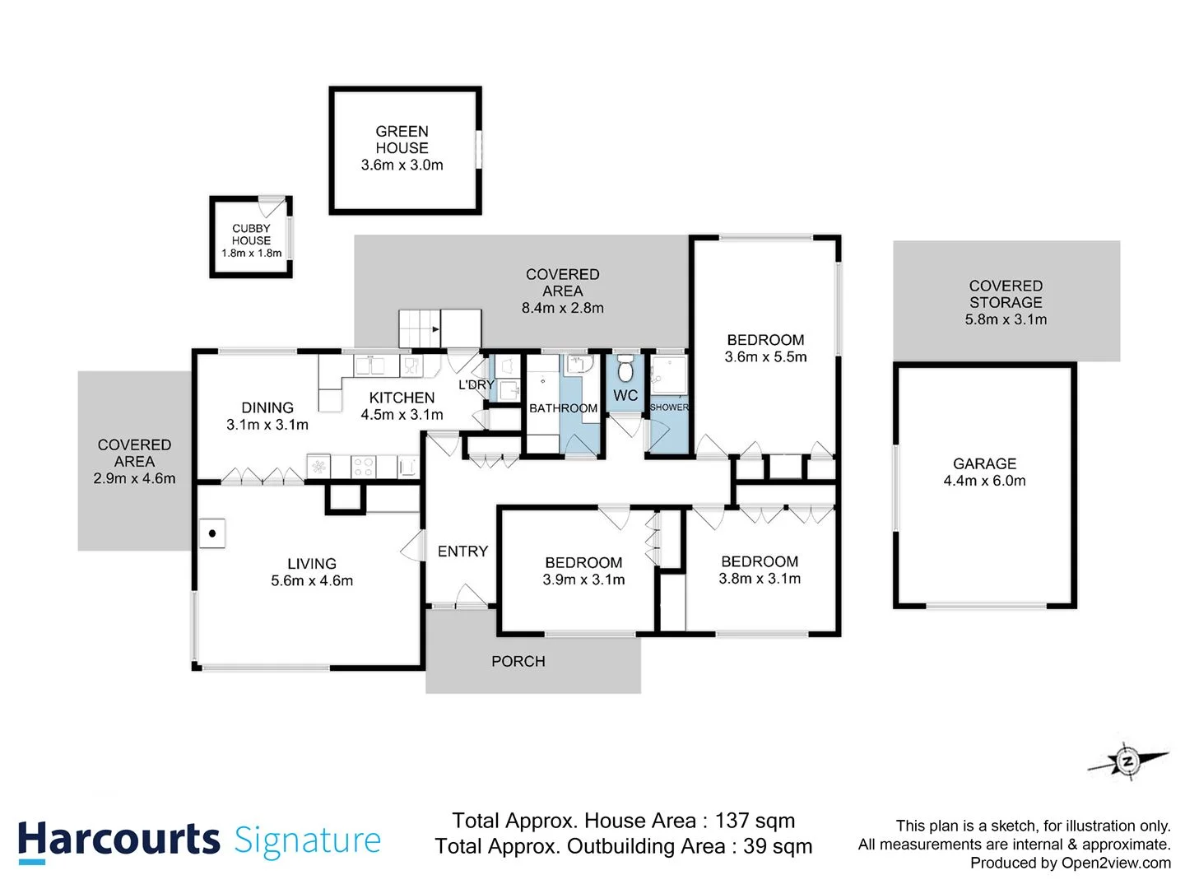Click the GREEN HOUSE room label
tap(402, 139)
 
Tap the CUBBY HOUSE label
tap(251, 235)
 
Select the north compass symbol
tap(1127, 761)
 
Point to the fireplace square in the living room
tap(212, 533)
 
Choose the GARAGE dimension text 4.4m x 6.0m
tap(984, 481)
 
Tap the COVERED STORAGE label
tap(1005, 294)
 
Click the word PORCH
tap(518, 661)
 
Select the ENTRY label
tap(462, 552)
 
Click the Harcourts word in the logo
tap(119, 840)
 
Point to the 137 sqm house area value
tap(755, 821)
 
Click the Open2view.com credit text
tap(1115, 863)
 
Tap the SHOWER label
tap(669, 407)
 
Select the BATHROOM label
tap(563, 408)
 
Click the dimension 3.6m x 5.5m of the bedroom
tap(765, 357)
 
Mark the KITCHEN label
tap(402, 398)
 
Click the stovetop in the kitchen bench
tap(363, 467)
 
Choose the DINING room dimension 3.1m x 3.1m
tap(267, 425)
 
